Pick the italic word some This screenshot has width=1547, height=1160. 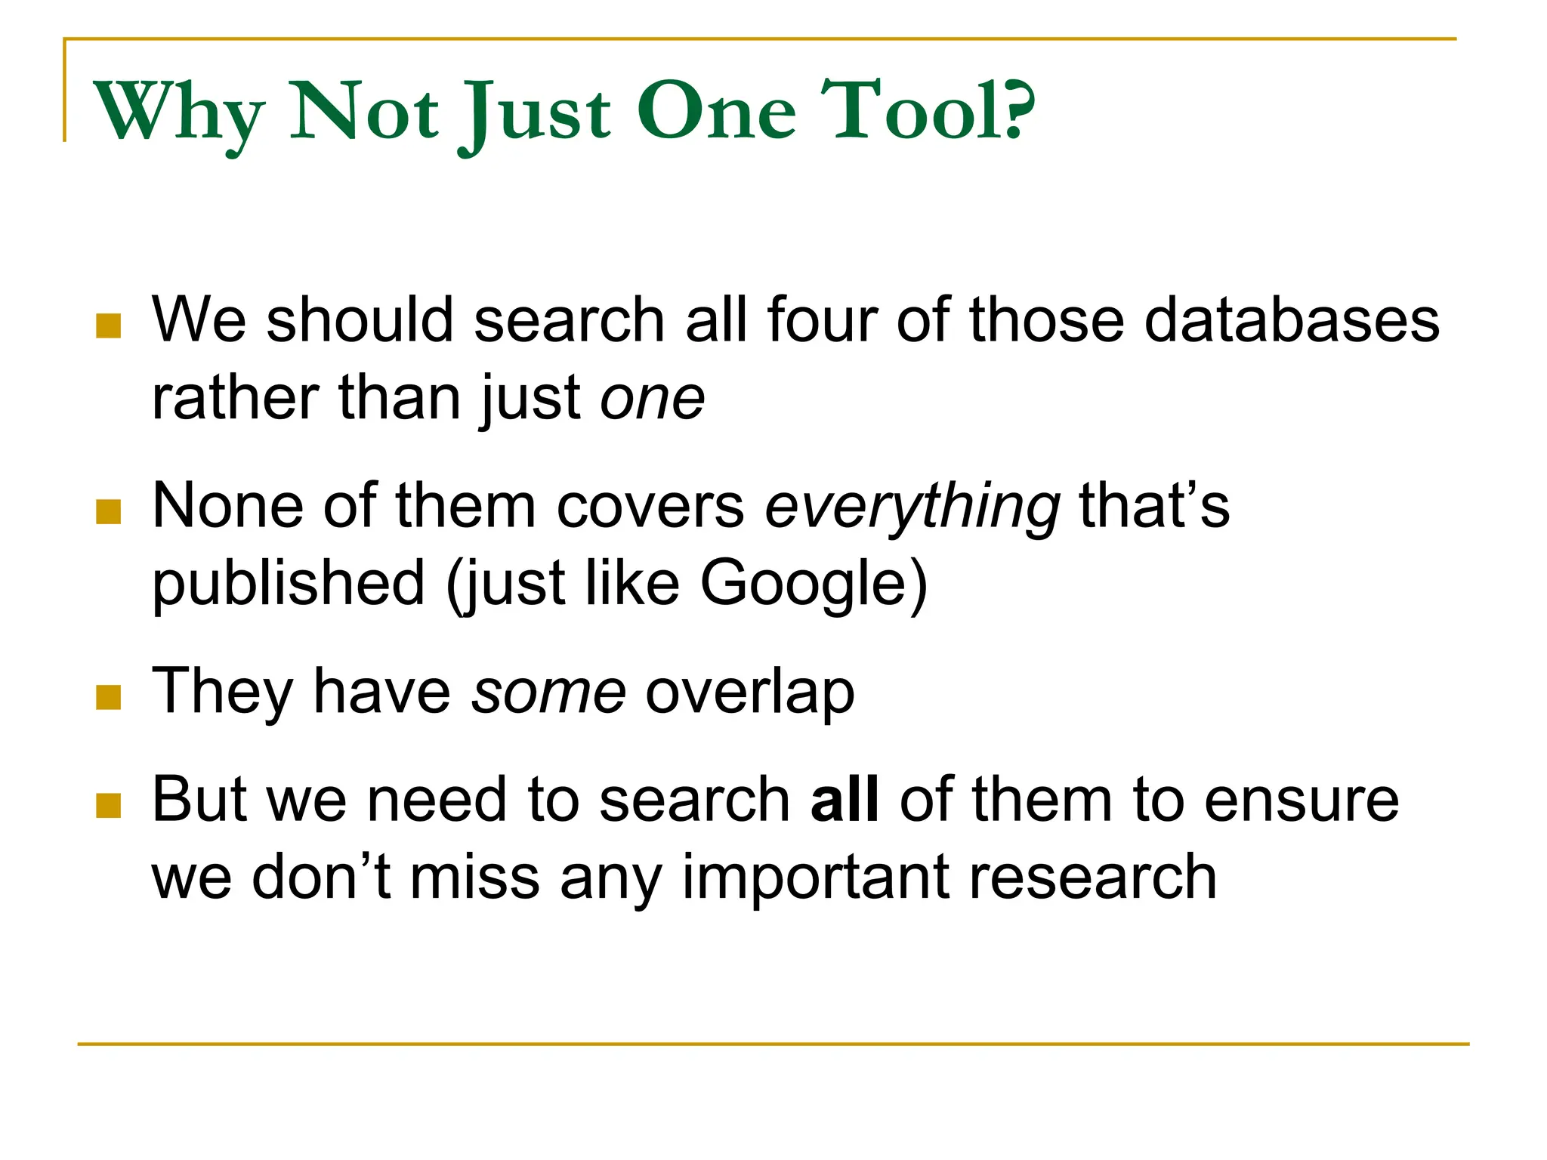548,692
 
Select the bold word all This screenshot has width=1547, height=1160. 845,800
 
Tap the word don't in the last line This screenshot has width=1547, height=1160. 321,877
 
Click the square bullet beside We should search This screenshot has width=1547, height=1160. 109,326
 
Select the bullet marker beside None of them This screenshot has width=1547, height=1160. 109,511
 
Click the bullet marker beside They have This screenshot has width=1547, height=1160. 109,697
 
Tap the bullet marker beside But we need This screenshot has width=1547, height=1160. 109,806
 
